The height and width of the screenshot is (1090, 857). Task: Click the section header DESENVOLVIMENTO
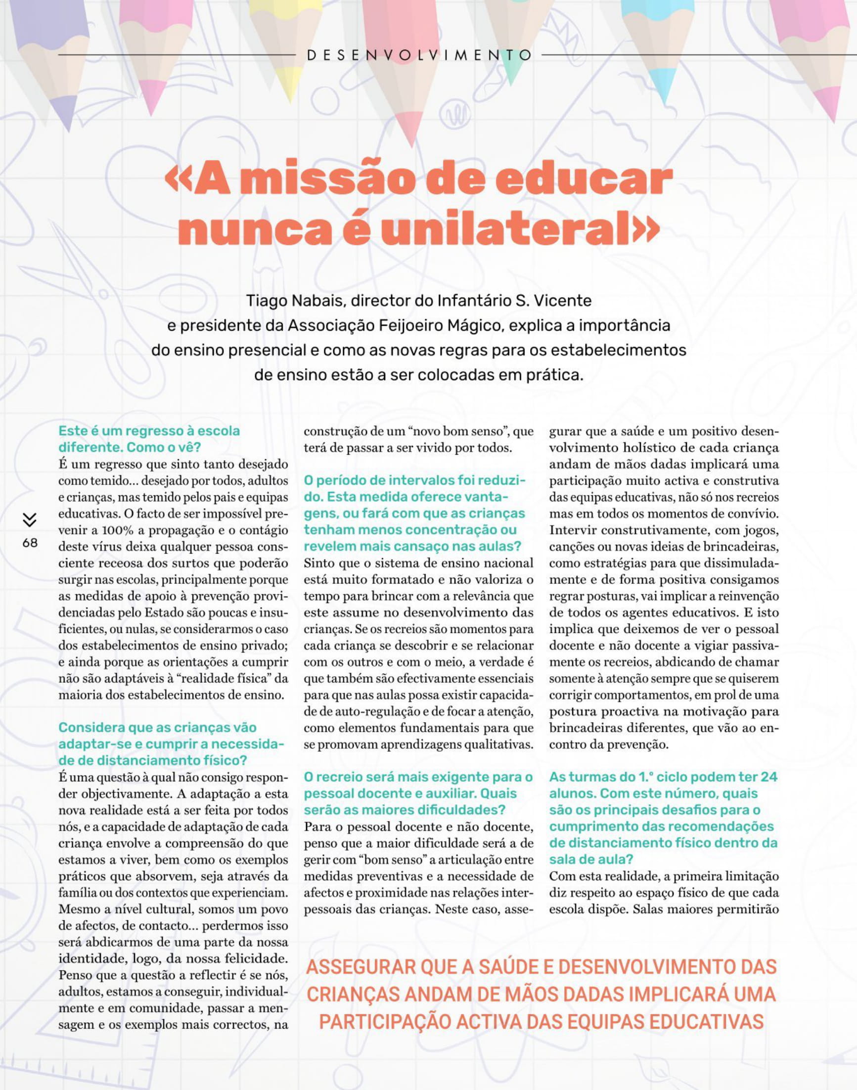[x=418, y=55]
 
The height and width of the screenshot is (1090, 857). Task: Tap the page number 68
[x=30, y=543]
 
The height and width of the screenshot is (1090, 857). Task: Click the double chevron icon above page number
[x=30, y=520]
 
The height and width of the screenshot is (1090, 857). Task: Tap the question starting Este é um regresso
[x=149, y=439]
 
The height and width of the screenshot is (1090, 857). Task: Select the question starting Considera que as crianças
[x=171, y=744]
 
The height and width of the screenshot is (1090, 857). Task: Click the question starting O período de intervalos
[x=414, y=513]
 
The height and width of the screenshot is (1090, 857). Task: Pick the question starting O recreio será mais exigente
[x=418, y=793]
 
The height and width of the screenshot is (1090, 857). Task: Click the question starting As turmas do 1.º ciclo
[x=663, y=818]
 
